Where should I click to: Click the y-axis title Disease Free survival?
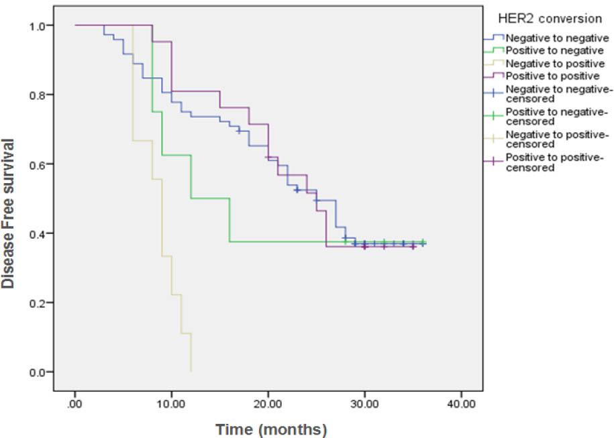click(8, 213)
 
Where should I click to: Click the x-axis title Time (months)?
click(271, 429)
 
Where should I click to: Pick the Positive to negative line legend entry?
click(545, 50)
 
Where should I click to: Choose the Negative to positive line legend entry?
click(544, 62)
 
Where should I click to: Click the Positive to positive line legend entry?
click(544, 75)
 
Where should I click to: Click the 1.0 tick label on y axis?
click(37, 25)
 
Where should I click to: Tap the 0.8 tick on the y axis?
click(37, 95)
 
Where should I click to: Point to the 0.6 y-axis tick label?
click(37, 164)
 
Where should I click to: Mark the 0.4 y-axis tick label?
click(37, 233)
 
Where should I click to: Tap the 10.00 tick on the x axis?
click(171, 404)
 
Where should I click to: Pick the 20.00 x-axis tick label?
click(268, 404)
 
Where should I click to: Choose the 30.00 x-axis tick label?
click(364, 404)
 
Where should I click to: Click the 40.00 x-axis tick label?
click(460, 404)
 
